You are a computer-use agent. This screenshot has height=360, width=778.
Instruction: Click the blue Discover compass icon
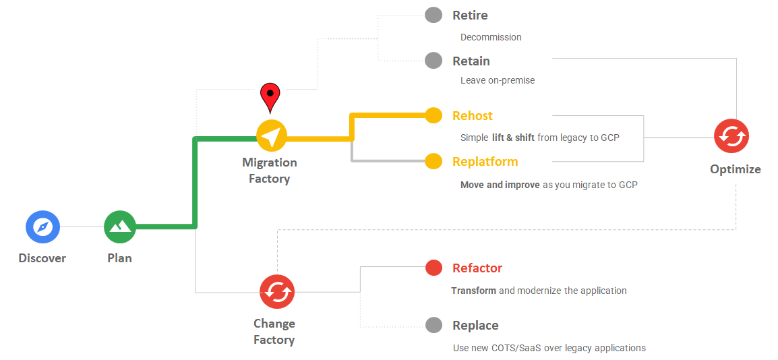pos(43,227)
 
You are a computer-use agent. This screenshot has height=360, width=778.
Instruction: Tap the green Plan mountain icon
pos(120,227)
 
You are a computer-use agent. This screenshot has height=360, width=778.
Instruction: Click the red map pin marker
pos(270,96)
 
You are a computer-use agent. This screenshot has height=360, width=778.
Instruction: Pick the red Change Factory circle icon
pos(276,292)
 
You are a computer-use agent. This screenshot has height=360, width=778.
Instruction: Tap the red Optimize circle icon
pos(731,136)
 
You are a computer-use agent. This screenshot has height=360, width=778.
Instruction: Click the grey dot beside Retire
pos(433,15)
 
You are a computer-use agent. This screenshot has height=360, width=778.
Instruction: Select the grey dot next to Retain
pos(433,61)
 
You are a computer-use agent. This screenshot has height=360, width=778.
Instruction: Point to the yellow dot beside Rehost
pos(433,115)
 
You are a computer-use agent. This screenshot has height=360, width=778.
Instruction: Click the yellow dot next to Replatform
pos(433,161)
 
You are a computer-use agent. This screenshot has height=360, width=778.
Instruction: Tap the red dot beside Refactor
pos(433,268)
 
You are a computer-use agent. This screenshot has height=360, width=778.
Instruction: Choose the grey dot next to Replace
pos(433,325)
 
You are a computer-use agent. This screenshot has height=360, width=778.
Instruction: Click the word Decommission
pos(491,37)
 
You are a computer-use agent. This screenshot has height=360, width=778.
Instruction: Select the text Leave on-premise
pos(498,80)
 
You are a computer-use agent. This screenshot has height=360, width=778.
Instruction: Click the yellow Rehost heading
pos(473,116)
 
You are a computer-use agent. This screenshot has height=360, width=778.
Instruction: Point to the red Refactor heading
pos(477,268)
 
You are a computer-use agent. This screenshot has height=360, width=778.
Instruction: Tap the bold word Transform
pos(474,291)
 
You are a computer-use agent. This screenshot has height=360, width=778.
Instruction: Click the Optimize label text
pos(735,169)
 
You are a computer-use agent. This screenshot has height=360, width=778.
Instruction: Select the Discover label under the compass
pos(42,258)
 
